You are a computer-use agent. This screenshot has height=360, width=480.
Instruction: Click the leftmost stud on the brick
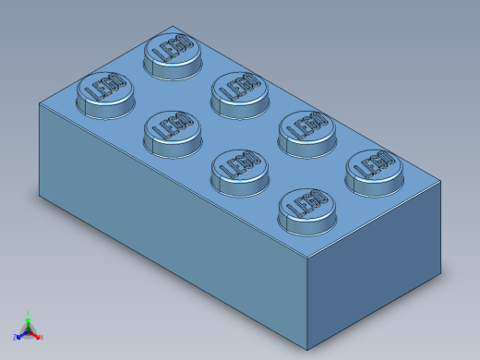point(104,92)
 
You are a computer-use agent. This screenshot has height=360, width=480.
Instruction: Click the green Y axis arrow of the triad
point(29,317)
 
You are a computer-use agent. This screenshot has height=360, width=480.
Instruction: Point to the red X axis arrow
point(40,337)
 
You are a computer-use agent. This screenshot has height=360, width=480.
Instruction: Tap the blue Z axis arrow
point(18,337)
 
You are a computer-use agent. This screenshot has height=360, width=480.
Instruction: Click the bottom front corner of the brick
point(307,350)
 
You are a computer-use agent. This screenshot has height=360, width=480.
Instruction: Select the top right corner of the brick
point(440,181)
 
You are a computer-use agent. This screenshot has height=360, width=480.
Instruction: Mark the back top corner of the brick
point(173,27)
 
